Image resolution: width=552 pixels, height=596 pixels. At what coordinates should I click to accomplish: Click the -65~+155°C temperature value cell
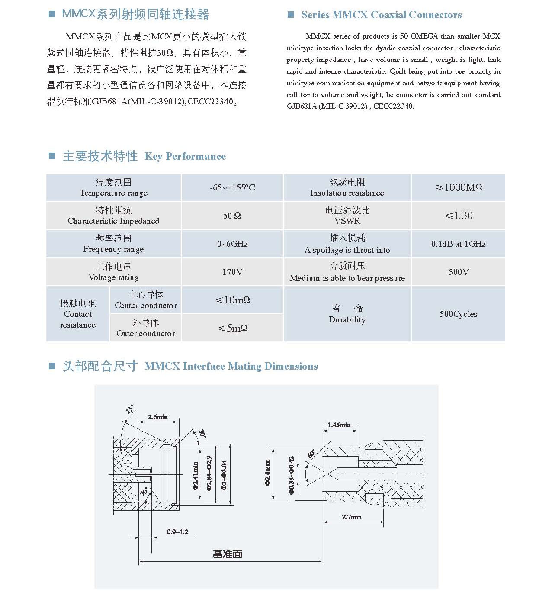(232, 187)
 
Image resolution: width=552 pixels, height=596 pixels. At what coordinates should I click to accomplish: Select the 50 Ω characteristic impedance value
(232, 216)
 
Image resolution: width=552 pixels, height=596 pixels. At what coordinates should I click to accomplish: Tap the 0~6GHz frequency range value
(232, 244)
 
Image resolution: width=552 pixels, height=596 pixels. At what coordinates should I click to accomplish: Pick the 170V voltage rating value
(232, 272)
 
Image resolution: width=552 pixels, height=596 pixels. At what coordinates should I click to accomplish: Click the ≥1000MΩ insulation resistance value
(459, 187)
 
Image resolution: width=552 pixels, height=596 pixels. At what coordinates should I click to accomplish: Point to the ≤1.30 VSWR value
(459, 216)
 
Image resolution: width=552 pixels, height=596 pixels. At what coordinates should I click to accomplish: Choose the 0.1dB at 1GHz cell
(458, 244)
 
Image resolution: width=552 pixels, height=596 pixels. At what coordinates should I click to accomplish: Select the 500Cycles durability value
(458, 314)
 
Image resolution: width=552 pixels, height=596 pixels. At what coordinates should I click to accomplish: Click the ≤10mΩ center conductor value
(233, 300)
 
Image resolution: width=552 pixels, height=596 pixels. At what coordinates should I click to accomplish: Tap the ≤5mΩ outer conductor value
(233, 328)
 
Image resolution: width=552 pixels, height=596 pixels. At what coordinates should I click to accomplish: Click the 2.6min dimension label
(157, 417)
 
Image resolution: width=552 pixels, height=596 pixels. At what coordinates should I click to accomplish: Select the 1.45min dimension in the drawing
(339, 425)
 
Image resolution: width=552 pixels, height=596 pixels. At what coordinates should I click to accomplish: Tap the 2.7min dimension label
(352, 517)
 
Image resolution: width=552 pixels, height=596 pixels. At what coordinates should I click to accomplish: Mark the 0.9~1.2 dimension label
(177, 532)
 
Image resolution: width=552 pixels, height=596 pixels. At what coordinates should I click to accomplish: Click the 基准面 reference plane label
(228, 554)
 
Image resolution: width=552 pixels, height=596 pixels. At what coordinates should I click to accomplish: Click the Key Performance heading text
(185, 156)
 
